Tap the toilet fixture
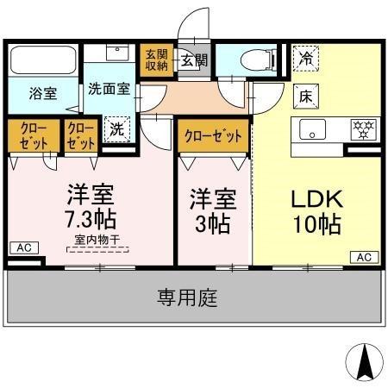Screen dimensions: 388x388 coord(253,60)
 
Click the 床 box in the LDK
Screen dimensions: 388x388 coord(306,97)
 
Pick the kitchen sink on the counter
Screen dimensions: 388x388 coord(311,130)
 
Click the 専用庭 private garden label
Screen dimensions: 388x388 coord(187,298)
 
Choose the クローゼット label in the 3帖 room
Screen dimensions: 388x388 coord(213,136)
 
